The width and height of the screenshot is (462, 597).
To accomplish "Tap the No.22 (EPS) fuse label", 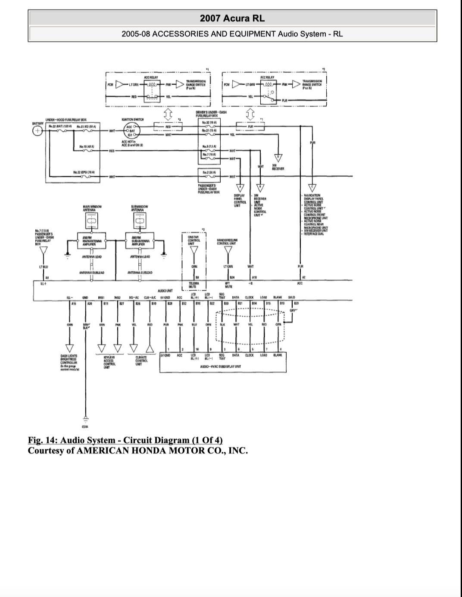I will [x=84, y=172].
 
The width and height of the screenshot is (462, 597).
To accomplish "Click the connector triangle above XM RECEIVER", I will [x=278, y=157].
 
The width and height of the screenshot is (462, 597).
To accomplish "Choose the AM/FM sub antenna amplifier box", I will [x=140, y=241].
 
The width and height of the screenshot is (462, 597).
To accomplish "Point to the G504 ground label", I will [x=85, y=426].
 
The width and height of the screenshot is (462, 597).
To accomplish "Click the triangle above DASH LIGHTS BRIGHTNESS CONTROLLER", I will [x=69, y=348].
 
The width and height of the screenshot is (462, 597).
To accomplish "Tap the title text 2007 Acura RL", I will [x=232, y=18].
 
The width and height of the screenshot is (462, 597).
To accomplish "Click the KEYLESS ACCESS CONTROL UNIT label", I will [x=109, y=362].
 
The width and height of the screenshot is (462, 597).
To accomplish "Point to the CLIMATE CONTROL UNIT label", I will [x=141, y=360].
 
